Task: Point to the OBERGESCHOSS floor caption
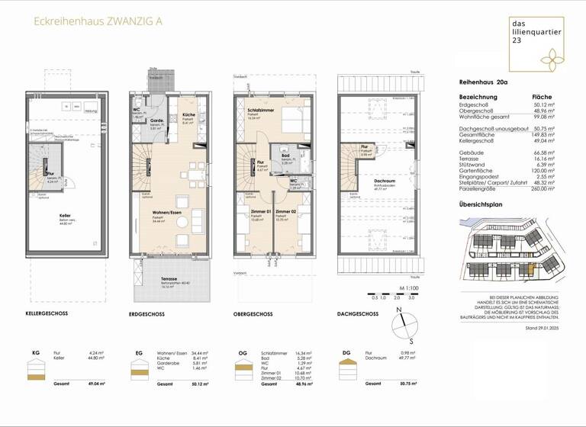pyautogui.click(x=253, y=313)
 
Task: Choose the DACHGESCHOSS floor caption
pyautogui.click(x=357, y=313)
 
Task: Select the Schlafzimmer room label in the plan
pyautogui.click(x=261, y=111)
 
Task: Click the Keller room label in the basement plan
pyautogui.click(x=65, y=220)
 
